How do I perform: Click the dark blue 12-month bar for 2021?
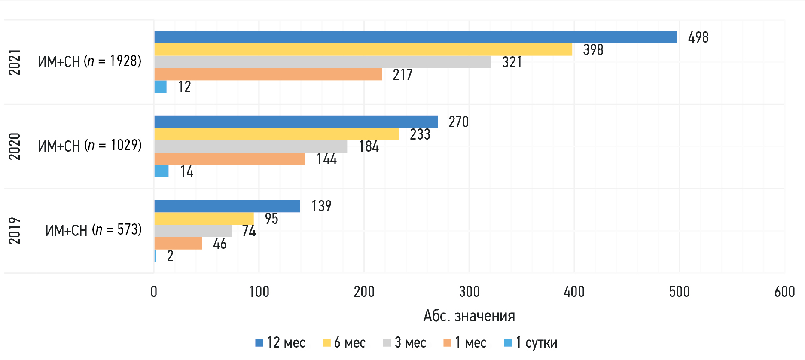(415, 37)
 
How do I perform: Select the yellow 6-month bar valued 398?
(363, 50)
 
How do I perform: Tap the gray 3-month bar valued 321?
(323, 62)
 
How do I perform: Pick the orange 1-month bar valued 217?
(268, 74)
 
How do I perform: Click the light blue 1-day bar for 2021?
(161, 87)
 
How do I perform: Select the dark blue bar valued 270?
(296, 122)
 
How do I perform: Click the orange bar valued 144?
(230, 159)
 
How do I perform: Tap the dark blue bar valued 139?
(227, 206)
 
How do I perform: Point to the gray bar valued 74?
(193, 231)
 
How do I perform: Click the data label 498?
(698, 37)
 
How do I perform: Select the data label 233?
(420, 134)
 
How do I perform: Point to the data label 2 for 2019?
(170, 256)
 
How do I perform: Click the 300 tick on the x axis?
(469, 292)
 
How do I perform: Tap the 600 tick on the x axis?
(784, 292)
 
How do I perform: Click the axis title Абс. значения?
(469, 316)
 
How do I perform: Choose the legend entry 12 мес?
(281, 343)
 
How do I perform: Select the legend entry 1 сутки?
(531, 343)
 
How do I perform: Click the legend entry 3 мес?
(405, 343)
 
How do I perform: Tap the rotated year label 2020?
(15, 146)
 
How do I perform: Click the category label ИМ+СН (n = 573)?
(93, 230)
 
